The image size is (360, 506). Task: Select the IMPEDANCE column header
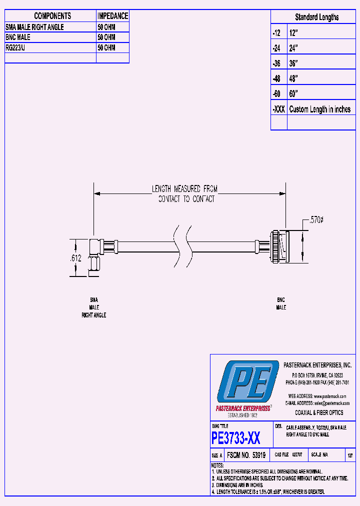click(x=112, y=16)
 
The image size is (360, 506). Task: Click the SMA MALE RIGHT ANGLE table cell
click(x=34, y=27)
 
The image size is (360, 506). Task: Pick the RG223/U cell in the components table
click(x=18, y=47)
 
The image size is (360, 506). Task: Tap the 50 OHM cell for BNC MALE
click(x=106, y=37)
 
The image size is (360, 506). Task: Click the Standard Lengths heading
click(x=316, y=17)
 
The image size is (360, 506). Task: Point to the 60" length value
click(x=293, y=94)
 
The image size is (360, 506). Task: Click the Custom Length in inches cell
click(x=319, y=109)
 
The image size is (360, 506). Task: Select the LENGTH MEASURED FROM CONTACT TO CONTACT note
click(x=185, y=194)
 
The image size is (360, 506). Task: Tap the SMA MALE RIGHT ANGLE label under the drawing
click(x=94, y=307)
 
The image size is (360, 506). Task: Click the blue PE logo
click(x=247, y=382)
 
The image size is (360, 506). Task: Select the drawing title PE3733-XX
click(x=236, y=438)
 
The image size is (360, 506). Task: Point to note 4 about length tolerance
click(x=268, y=492)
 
